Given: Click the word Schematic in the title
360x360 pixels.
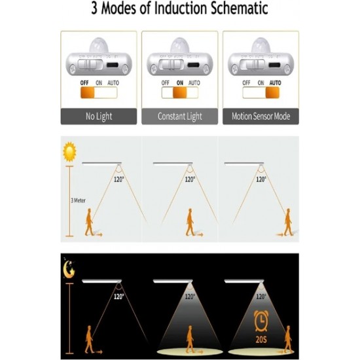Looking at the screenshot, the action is point(239,9).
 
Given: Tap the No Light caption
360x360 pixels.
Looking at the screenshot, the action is point(99,117).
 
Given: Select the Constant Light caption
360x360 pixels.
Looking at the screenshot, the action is point(180,117).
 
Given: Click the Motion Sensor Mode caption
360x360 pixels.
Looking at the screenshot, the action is point(261,116).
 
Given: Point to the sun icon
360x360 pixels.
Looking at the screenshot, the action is point(69,152).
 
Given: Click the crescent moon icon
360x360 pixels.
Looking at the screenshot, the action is point(69,269).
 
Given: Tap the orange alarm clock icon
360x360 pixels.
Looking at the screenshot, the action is point(261,321).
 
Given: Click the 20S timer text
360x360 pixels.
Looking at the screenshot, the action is point(261,340).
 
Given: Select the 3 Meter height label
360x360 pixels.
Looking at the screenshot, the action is point(78,200).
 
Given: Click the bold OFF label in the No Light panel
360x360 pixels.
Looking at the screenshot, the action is point(84,83).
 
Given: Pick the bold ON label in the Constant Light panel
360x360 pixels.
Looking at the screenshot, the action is point(180,83).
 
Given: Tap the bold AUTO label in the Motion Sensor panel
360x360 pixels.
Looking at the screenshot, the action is point(275,83).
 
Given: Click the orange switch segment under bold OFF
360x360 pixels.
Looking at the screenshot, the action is point(88,93).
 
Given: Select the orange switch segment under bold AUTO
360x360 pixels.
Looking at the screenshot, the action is point(272,93).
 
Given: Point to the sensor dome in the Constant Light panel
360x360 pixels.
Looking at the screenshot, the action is point(180,45).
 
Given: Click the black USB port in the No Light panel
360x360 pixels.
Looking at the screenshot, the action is point(113,65).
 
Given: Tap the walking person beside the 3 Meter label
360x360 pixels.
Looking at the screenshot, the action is point(89,222).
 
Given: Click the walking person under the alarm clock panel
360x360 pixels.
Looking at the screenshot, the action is point(288,339).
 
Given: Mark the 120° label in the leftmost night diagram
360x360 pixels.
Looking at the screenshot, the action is point(118,297).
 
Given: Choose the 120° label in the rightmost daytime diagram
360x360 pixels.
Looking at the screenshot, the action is point(261,179).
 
